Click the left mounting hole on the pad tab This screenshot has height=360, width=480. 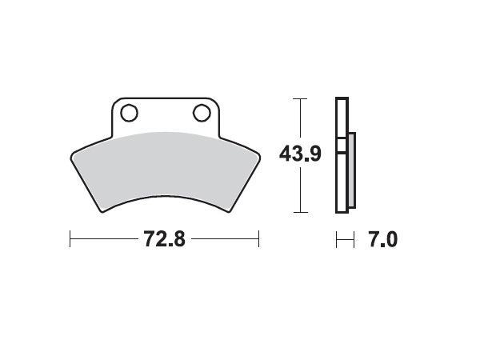(129, 112)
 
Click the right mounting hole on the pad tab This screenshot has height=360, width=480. (200, 112)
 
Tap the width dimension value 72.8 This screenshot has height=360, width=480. (164, 238)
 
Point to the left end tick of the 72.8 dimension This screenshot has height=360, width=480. (70, 238)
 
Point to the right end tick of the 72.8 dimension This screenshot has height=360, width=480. (258, 238)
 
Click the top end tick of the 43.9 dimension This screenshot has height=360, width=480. (300, 98)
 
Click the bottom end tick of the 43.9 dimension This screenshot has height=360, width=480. (300, 212)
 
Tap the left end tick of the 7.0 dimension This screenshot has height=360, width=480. (336, 238)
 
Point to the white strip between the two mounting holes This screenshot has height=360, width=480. (164, 112)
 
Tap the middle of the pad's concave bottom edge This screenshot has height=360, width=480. (164, 197)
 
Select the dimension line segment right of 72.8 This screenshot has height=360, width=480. (225, 238)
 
